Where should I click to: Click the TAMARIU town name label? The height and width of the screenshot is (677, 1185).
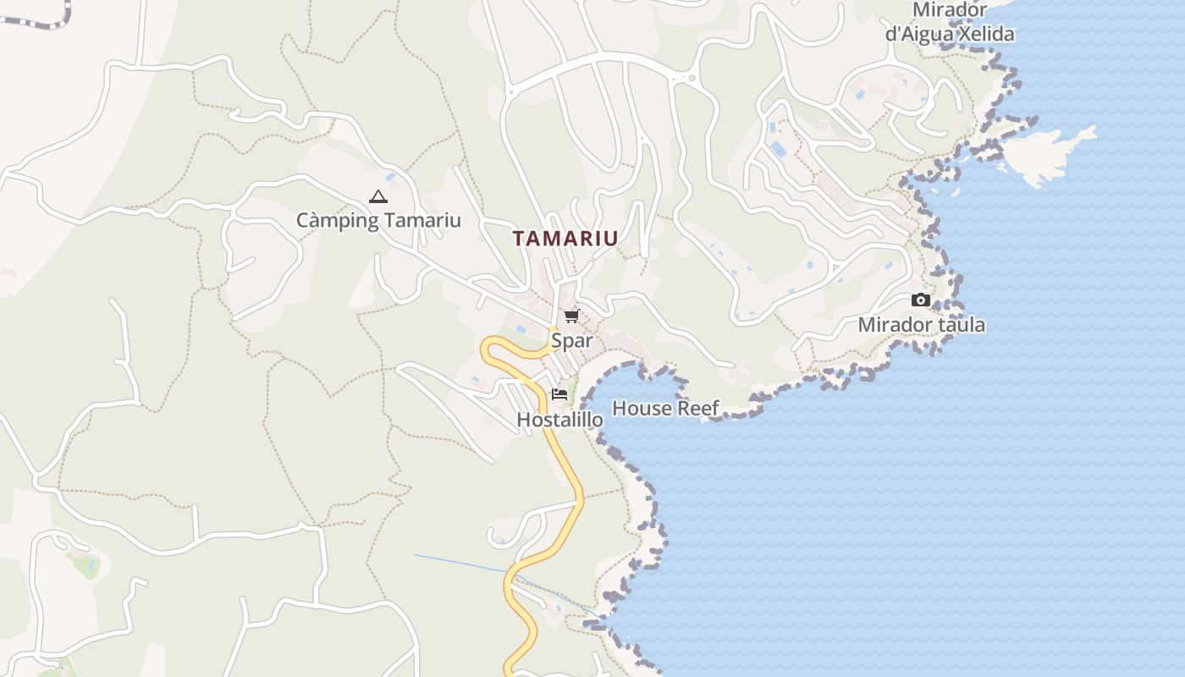pyautogui.click(x=565, y=239)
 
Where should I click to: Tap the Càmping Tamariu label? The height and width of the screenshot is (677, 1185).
pyautogui.click(x=378, y=221)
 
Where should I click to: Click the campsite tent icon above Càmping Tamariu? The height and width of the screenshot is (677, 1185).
pyautogui.click(x=378, y=197)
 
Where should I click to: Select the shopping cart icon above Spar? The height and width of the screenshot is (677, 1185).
pyautogui.click(x=571, y=316)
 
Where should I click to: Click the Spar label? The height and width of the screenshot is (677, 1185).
pyautogui.click(x=571, y=341)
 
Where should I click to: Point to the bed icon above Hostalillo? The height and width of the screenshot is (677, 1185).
pyautogui.click(x=559, y=394)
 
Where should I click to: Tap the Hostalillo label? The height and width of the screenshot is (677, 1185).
pyautogui.click(x=559, y=420)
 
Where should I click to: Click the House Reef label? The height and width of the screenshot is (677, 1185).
pyautogui.click(x=665, y=408)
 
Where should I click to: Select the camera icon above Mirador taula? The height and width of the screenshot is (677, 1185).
pyautogui.click(x=921, y=300)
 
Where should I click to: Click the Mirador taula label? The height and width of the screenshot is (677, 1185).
pyautogui.click(x=921, y=325)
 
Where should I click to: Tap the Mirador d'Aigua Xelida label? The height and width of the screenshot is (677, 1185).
pyautogui.click(x=949, y=22)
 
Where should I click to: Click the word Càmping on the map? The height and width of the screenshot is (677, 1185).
pyautogui.click(x=335, y=221)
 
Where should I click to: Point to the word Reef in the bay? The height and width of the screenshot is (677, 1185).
pyautogui.click(x=697, y=408)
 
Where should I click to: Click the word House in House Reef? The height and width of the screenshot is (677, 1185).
pyautogui.click(x=639, y=408)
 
